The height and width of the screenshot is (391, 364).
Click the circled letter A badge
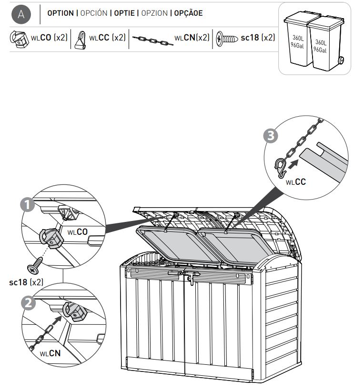coord(21,14)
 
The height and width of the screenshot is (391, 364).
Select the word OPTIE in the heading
coord(124,13)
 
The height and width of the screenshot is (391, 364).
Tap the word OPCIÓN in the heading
coord(94,13)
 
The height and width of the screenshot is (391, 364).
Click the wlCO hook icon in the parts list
coord(19,39)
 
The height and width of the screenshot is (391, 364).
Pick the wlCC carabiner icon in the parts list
coord(81,40)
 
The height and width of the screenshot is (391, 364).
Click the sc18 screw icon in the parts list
coord(226,39)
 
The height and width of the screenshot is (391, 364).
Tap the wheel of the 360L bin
coord(341,60)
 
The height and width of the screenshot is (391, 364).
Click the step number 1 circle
coord(28,205)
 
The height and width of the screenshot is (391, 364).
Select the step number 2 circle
coord(29,303)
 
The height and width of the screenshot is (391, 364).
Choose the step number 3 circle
coord(271,136)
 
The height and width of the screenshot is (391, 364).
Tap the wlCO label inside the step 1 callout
coord(78,232)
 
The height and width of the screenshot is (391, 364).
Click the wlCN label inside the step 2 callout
coord(50,353)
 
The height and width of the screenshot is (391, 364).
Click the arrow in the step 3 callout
coord(293,164)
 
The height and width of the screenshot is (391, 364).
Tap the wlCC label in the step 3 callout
coord(296,182)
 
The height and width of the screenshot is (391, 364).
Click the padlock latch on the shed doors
coord(191,279)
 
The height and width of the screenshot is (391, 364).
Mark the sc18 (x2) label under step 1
coord(26,282)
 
